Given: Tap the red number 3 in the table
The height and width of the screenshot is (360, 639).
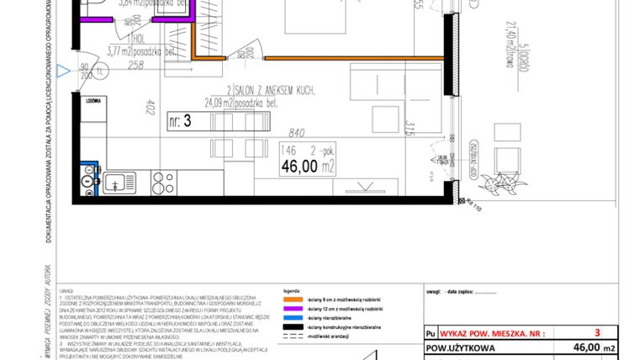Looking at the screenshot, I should [597, 332].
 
